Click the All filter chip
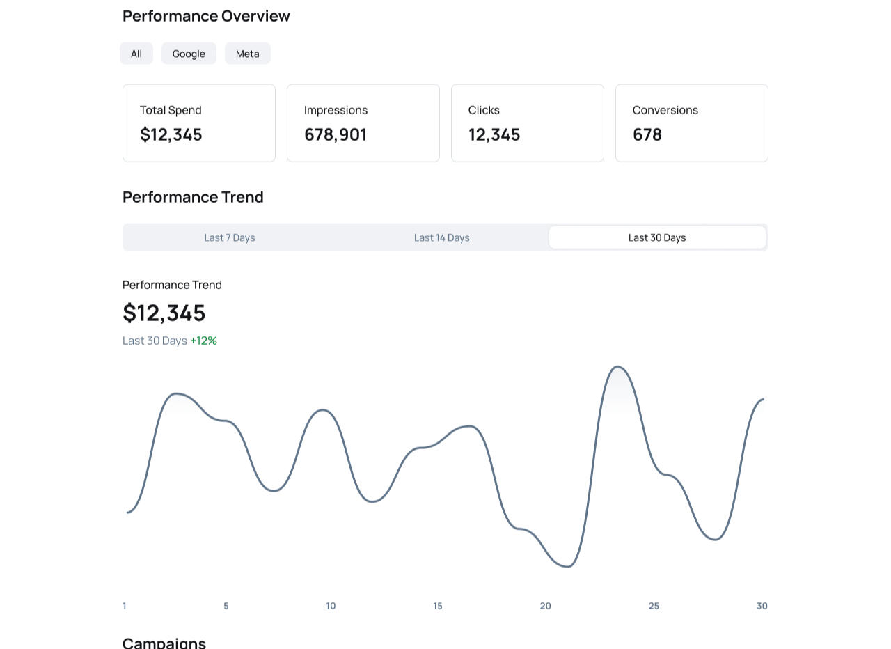click(x=136, y=54)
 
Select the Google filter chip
click(x=189, y=54)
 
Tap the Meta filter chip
click(x=248, y=54)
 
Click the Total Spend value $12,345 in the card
click(x=171, y=134)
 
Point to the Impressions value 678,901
click(x=336, y=134)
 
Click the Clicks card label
click(x=484, y=110)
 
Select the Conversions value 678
click(x=647, y=134)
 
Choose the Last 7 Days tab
click(x=230, y=237)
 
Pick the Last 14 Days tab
click(x=442, y=237)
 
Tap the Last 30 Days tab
click(x=657, y=237)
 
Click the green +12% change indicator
click(x=204, y=341)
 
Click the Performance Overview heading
click(x=206, y=16)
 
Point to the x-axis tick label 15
click(x=438, y=606)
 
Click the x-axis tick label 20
click(x=546, y=606)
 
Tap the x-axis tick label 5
click(x=226, y=606)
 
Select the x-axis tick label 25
click(x=654, y=606)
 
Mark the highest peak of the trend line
click(x=617, y=366)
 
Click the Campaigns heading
click(x=164, y=642)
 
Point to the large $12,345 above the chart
click(x=164, y=313)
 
